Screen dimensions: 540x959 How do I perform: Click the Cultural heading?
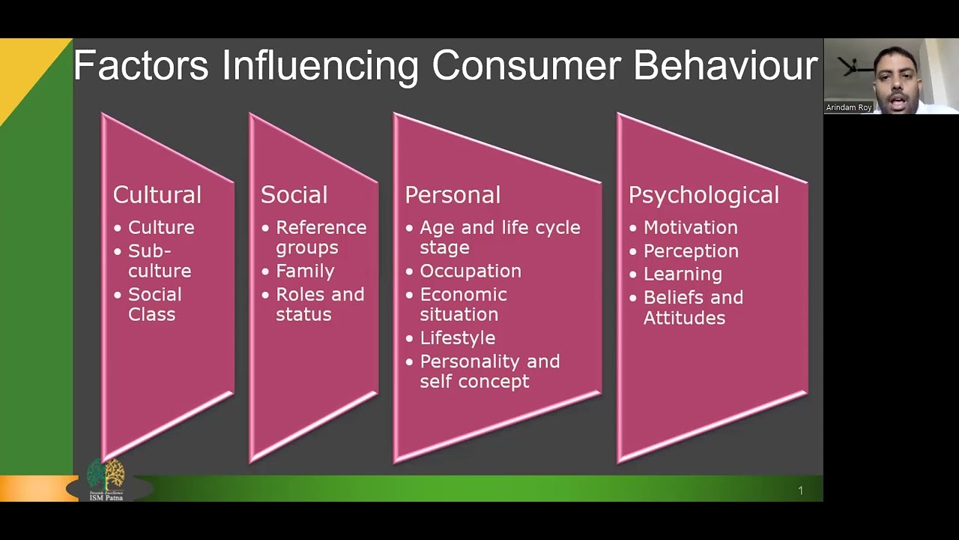click(157, 195)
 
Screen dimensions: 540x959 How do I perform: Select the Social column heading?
click(294, 195)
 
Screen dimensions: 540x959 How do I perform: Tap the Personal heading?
click(452, 195)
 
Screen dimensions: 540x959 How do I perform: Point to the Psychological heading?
click(704, 196)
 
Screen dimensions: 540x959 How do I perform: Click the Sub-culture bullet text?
click(159, 261)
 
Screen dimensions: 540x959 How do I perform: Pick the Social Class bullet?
click(154, 304)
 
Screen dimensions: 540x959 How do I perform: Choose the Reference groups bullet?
click(321, 237)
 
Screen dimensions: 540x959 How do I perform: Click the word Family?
click(305, 271)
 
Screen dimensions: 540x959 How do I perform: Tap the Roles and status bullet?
click(320, 304)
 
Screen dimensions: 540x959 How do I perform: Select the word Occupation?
click(471, 271)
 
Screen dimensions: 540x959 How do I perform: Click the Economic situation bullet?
click(463, 304)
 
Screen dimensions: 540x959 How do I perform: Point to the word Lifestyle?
click(457, 338)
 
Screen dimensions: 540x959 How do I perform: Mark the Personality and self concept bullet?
click(489, 371)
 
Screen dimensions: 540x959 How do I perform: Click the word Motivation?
click(690, 227)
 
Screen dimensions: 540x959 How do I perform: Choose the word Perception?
click(691, 251)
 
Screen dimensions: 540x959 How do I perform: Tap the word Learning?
click(683, 274)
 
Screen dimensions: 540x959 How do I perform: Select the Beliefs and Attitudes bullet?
click(693, 307)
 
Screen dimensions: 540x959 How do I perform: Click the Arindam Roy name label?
click(849, 108)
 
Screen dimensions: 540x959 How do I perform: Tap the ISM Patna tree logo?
click(106, 478)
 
